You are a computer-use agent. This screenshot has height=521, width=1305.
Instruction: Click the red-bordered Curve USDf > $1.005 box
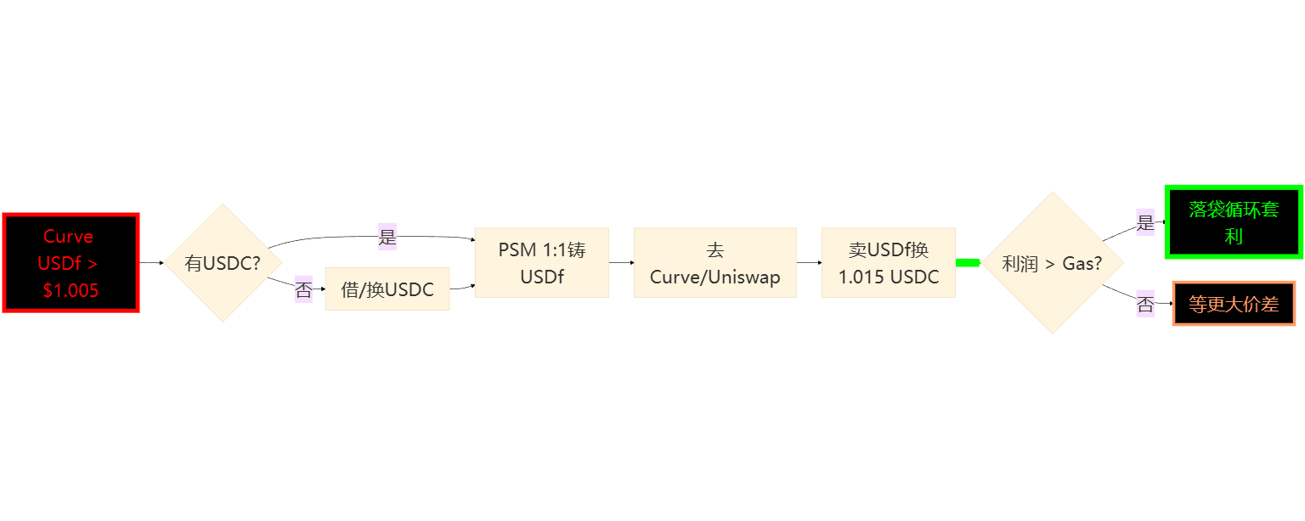pyautogui.click(x=71, y=263)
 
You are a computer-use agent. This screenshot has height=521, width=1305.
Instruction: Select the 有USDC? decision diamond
pyautogui.click(x=223, y=263)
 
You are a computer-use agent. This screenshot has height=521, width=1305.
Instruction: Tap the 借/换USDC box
pyautogui.click(x=387, y=290)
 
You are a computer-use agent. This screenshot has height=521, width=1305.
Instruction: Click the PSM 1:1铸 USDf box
pyautogui.click(x=541, y=263)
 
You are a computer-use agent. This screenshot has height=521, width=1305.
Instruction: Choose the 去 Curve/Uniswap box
pyautogui.click(x=715, y=263)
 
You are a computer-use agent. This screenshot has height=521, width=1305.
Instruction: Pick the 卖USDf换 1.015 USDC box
pyautogui.click(x=888, y=263)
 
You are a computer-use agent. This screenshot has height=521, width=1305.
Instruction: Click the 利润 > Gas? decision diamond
pyautogui.click(x=1052, y=263)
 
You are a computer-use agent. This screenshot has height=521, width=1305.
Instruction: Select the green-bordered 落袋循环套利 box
pyautogui.click(x=1234, y=222)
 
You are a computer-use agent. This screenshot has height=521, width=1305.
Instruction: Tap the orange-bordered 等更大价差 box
pyautogui.click(x=1234, y=304)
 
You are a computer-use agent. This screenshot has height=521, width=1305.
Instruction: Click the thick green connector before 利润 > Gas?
pyautogui.click(x=968, y=263)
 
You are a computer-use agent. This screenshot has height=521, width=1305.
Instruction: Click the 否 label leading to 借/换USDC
pyautogui.click(x=303, y=289)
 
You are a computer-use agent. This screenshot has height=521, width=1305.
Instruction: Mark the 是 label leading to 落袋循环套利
pyautogui.click(x=1145, y=222)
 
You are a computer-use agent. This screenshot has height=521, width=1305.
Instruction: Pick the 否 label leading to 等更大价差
pyautogui.click(x=1145, y=304)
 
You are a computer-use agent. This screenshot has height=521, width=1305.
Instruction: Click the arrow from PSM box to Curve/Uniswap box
pyautogui.click(x=621, y=263)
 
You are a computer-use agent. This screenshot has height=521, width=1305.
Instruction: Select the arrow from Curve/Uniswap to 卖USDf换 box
pyautogui.click(x=809, y=263)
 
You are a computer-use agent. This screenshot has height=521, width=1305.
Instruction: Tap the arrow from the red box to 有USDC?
pyautogui.click(x=150, y=263)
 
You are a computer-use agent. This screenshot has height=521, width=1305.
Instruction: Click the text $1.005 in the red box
pyautogui.click(x=71, y=290)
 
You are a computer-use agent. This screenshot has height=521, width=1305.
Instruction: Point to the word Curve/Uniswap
pyautogui.click(x=715, y=277)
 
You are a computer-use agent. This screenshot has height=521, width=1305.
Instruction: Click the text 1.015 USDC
pyautogui.click(x=888, y=277)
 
